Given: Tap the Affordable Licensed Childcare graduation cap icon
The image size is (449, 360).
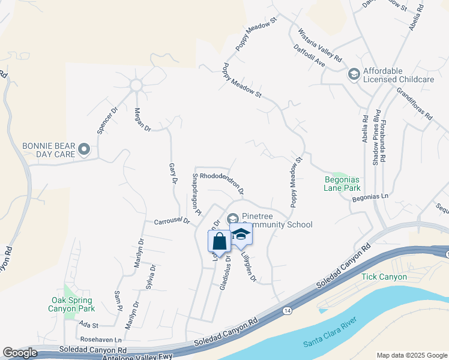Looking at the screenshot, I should pyautogui.click(x=354, y=74).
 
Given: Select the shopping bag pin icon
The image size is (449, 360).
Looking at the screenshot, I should pyautogui.click(x=220, y=241).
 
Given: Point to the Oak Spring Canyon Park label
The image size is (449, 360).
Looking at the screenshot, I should pyautogui.click(x=71, y=304).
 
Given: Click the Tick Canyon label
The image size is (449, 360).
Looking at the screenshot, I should pyautogui.click(x=384, y=277).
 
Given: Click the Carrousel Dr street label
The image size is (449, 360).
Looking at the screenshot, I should pyautogui.click(x=172, y=221).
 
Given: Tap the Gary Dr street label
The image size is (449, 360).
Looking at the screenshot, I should pyautogui.click(x=173, y=173).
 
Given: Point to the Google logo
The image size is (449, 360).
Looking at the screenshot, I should pyautogui.click(x=20, y=353).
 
